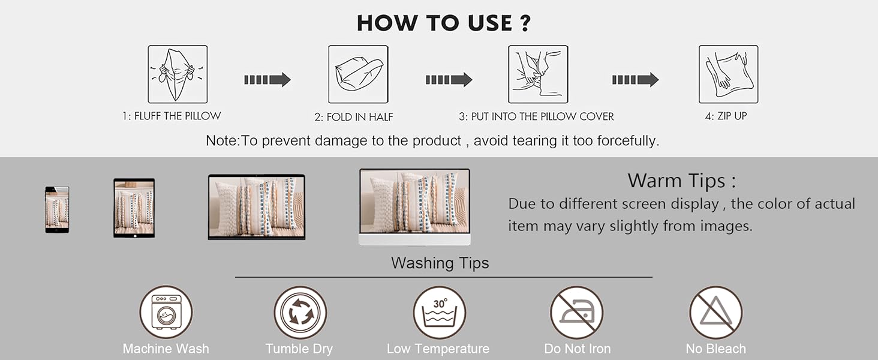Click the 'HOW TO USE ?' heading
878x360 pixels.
pos(444,23)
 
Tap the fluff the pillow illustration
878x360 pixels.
pos(178,74)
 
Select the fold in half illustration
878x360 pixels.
pos(358,74)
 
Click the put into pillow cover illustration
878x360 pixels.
pos(538,74)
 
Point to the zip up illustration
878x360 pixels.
pos(728,74)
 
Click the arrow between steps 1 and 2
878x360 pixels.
pos(267,80)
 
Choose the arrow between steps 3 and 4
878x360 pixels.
pos(635,80)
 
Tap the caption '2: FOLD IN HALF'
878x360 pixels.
pos(354,117)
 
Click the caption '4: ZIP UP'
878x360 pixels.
pos(726,116)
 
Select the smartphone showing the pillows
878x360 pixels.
pos(57,210)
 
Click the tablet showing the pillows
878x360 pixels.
pos(134,208)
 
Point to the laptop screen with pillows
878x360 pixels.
pos(256,206)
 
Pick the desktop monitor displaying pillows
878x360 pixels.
pos(414,206)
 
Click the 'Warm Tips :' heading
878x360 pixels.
pos(682,181)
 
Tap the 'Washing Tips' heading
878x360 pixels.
pos(440,263)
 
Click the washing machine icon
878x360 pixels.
pos(166,312)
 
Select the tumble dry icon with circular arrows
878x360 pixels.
pos(300,312)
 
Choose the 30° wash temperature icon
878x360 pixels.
pos(440,312)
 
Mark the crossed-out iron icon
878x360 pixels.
pos(576,312)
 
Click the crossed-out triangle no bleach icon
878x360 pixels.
pos(716,312)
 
